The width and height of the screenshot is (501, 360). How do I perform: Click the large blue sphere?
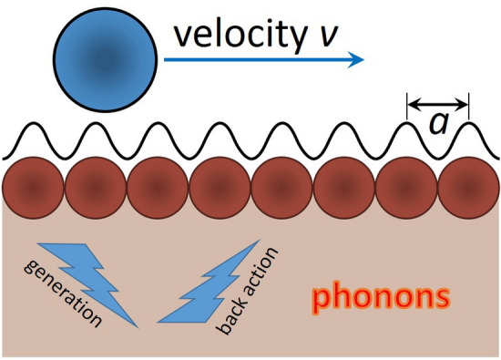pyautogui.click(x=106, y=58)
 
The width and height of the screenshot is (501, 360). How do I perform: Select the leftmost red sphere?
pyautogui.click(x=31, y=185)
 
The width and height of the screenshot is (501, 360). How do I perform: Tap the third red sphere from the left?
pyautogui.click(x=156, y=185)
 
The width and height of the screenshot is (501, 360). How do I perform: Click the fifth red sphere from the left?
pyautogui.click(x=281, y=185)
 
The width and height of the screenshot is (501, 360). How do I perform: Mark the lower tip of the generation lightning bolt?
pyautogui.click(x=137, y=325)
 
